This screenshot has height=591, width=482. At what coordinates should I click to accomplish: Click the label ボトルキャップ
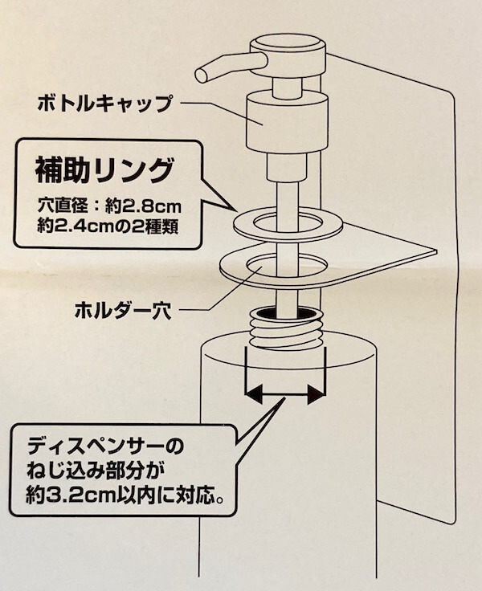(x=105, y=104)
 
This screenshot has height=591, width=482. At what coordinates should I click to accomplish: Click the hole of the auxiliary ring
(x=288, y=222)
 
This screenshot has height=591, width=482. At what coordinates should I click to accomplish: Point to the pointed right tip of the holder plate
(x=435, y=251)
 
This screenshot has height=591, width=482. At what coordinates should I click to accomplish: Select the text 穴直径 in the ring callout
(x=63, y=206)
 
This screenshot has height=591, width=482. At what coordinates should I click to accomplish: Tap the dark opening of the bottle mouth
(x=288, y=312)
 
